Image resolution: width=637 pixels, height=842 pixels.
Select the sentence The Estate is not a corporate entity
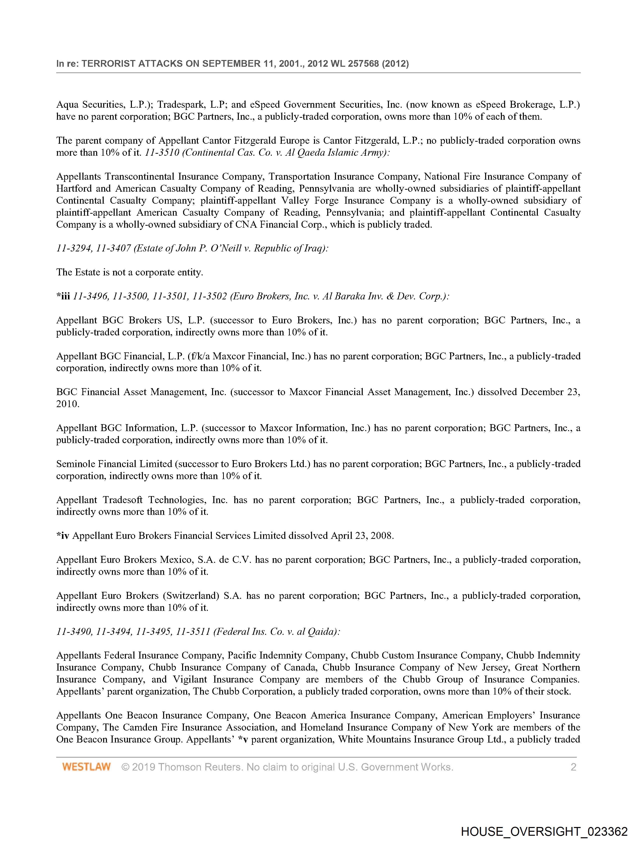coord(130,272)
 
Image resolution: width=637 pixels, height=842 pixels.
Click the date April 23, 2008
coord(362,536)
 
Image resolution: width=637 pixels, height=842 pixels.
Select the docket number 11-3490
coord(74,632)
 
